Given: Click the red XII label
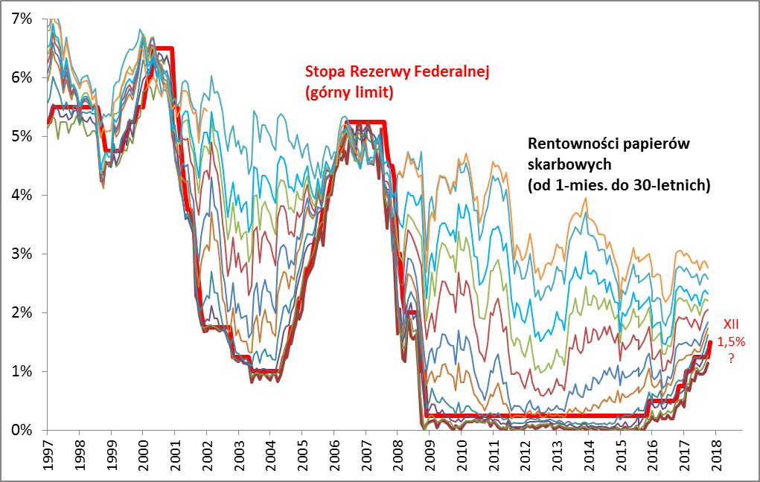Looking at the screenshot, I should pyautogui.click(x=732, y=324).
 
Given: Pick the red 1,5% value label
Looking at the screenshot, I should pyautogui.click(x=732, y=341).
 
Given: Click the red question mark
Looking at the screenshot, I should pyautogui.click(x=732, y=358).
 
